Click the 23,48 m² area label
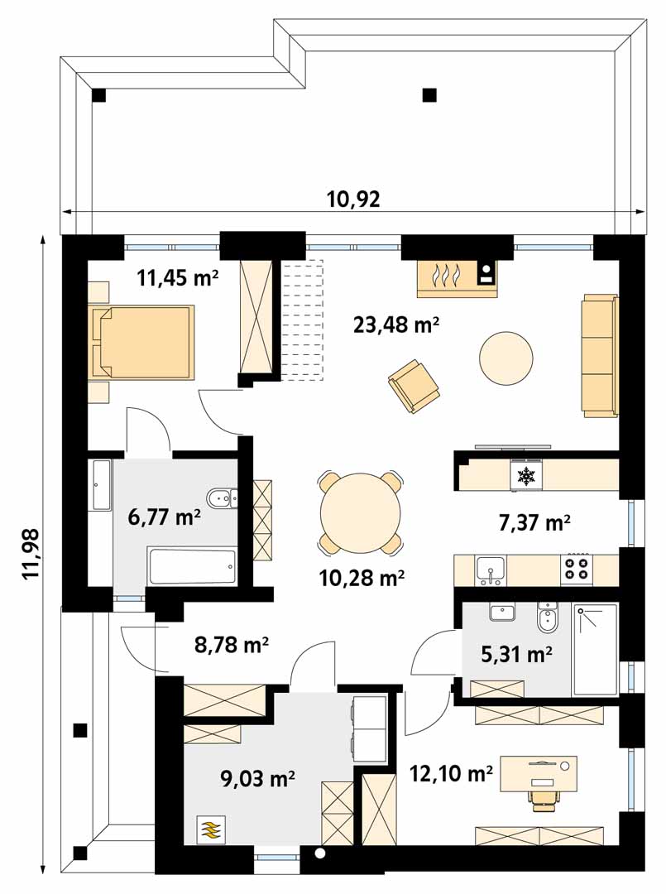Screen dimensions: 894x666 tap(395, 325)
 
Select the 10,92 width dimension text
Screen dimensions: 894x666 tap(352, 200)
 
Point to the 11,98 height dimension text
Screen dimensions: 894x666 tap(31, 554)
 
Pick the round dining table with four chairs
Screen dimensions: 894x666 tap(361, 512)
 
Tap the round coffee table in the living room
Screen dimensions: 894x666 tap(506, 359)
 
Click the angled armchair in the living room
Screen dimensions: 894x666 tap(414, 386)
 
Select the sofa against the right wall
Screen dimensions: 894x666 tap(600, 354)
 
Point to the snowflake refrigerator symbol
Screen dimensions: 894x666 tap(525, 477)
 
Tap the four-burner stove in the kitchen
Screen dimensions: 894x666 tap(577, 570)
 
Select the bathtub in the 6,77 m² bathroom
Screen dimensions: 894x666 tap(191, 567)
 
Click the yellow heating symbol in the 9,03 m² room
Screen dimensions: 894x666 tap(211, 829)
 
